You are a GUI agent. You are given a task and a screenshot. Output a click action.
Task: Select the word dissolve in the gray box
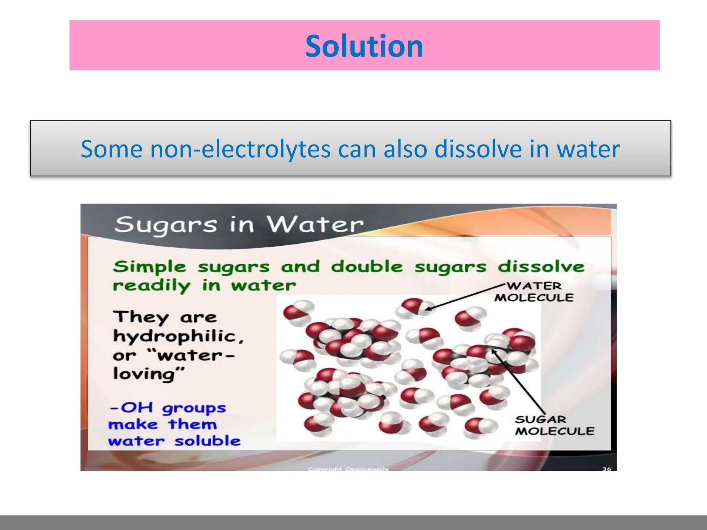(478, 149)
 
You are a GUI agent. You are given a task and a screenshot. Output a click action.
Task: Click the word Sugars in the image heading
(166, 225)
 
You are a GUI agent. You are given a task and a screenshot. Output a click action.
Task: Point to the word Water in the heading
(315, 225)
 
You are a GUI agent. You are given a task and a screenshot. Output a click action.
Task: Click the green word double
(367, 267)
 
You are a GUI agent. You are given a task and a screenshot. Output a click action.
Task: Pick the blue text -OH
(131, 408)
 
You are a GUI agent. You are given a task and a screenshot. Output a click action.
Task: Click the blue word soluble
(207, 441)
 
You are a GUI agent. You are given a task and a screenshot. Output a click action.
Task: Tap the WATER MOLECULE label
(534, 292)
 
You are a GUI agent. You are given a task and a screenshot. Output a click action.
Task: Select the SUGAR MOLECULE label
(554, 425)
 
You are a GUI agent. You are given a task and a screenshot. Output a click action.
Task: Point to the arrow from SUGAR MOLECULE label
(518, 381)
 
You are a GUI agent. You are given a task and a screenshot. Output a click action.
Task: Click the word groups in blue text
(194, 409)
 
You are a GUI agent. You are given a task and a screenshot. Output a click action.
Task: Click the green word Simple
(149, 267)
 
